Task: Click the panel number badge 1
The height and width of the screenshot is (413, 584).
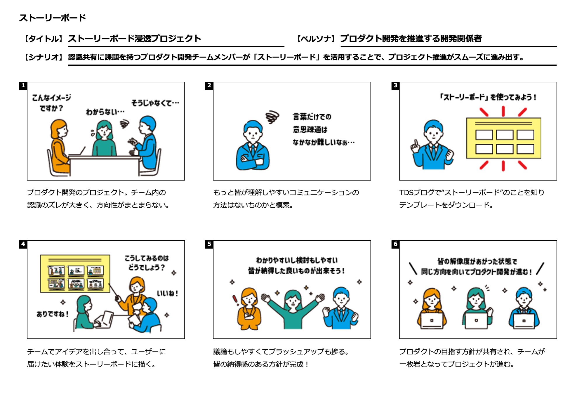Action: [23, 86]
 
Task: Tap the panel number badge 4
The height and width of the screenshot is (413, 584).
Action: [23, 244]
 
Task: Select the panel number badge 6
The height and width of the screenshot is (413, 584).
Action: [395, 244]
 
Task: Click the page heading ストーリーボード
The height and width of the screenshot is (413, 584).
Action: [53, 18]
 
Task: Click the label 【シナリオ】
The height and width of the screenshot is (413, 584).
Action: [44, 57]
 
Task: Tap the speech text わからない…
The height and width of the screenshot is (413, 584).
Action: [105, 112]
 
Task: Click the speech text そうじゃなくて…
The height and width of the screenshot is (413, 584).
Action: [155, 103]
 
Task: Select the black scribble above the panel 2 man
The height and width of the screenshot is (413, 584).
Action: [272, 117]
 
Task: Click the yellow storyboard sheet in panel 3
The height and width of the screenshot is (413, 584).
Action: [503, 138]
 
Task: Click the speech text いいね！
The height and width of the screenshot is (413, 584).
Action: [167, 293]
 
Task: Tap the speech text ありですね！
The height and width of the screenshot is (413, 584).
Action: [53, 314]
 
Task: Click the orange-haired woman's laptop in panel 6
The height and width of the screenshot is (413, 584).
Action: [432, 321]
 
